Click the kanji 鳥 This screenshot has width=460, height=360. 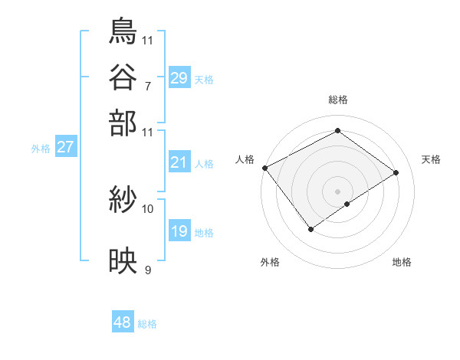click(x=123, y=31)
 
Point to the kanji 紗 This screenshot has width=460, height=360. click(x=123, y=201)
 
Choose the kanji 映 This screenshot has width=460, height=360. click(x=123, y=262)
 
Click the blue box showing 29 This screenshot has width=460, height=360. click(x=179, y=77)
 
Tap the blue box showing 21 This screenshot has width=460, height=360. click(x=179, y=162)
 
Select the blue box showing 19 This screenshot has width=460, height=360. click(x=179, y=231)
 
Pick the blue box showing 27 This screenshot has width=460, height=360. click(x=65, y=147)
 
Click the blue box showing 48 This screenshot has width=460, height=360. click(x=123, y=322)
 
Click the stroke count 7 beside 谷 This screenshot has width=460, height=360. click(x=147, y=85)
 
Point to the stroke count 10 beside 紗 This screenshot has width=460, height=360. click(x=148, y=208)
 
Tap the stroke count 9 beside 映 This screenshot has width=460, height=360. click(x=147, y=270)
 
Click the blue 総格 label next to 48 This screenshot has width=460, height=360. click(x=147, y=324)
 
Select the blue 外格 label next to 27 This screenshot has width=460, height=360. click(x=41, y=149)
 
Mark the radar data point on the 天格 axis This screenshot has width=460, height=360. click(x=396, y=173)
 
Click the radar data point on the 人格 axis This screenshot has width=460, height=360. click(x=264, y=168)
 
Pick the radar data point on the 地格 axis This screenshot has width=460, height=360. click(x=347, y=204)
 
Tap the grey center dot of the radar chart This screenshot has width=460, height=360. click(x=337, y=190)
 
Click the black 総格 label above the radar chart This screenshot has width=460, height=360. click(x=337, y=100)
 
